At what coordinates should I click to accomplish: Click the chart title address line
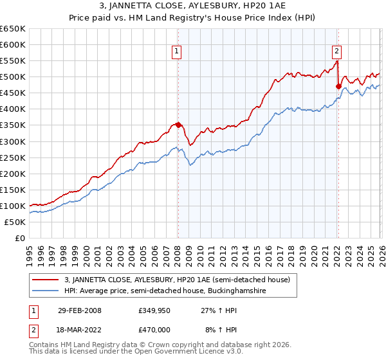(x=193, y=6)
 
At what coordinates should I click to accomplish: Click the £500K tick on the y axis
(x=13, y=77)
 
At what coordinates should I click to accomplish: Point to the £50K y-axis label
(x=15, y=222)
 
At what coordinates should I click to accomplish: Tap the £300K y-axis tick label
(x=13, y=141)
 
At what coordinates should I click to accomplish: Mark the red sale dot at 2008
(x=178, y=125)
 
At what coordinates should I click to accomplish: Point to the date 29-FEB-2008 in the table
(x=79, y=310)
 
